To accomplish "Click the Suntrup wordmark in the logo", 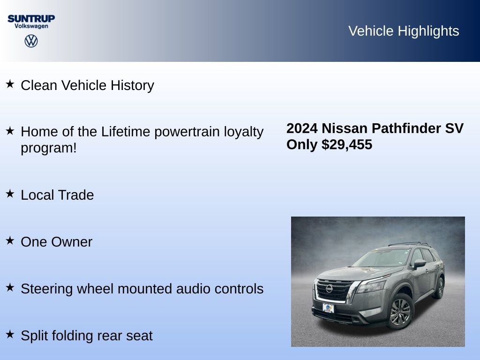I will [31, 18].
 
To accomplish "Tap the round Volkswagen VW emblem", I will [31, 41].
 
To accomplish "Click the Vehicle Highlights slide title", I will [404, 31].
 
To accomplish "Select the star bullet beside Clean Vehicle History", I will [10, 84].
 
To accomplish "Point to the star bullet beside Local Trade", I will [10, 194].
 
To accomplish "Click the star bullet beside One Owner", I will [10, 240].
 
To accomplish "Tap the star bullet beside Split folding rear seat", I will [10, 334].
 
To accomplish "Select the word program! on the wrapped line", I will [48, 148].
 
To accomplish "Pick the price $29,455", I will [347, 144].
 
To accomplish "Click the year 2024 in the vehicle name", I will [302, 128].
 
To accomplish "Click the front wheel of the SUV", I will [400, 312].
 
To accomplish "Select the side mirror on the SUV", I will [419, 263].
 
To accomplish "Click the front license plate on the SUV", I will [329, 308].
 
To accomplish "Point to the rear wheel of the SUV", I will [440, 287].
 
